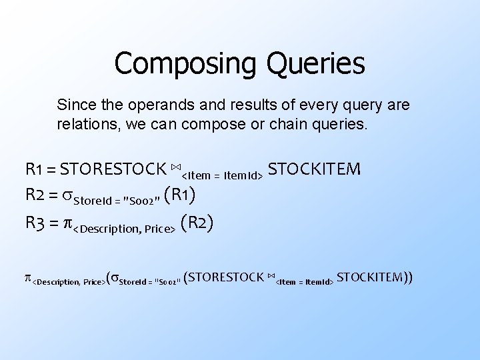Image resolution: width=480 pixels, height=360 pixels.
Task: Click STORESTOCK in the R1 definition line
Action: [x=117, y=167]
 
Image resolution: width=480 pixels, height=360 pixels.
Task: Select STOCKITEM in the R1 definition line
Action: [x=315, y=167]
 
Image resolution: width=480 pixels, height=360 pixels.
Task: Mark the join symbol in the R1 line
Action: [x=175, y=165]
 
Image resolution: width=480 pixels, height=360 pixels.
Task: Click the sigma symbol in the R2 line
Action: [x=67, y=195]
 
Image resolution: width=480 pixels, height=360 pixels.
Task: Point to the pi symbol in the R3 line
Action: [x=67, y=223]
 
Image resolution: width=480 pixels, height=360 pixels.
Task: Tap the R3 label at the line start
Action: [x=37, y=223]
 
